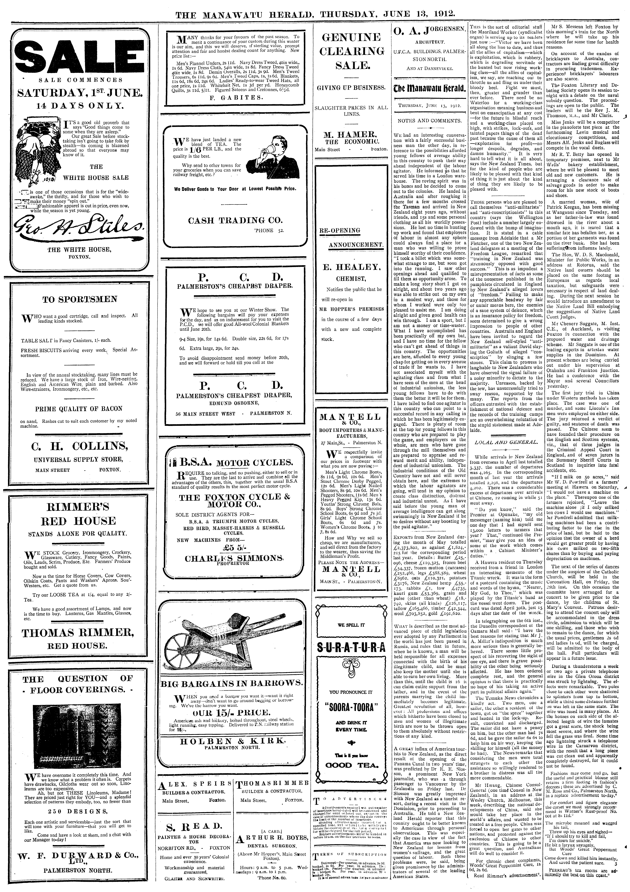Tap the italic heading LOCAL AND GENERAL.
506,442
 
